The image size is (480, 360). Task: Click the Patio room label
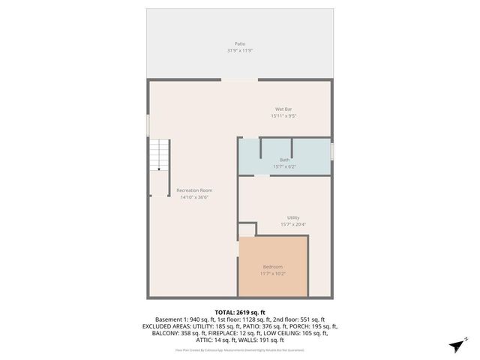click(x=240, y=43)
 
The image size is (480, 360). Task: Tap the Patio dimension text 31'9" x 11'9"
click(x=240, y=50)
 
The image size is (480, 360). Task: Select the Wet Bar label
click(x=283, y=109)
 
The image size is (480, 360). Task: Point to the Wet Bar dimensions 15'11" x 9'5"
click(x=283, y=116)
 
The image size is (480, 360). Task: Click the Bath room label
click(x=285, y=160)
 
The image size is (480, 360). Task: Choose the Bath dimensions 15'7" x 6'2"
click(x=285, y=166)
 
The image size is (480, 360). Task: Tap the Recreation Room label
click(x=194, y=190)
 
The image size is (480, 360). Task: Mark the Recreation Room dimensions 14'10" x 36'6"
click(x=194, y=197)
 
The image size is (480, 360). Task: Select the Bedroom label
click(x=273, y=267)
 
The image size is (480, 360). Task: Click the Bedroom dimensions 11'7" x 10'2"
click(x=273, y=274)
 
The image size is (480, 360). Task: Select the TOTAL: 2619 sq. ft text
click(x=240, y=312)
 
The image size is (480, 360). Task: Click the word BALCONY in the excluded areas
click(x=154, y=333)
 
